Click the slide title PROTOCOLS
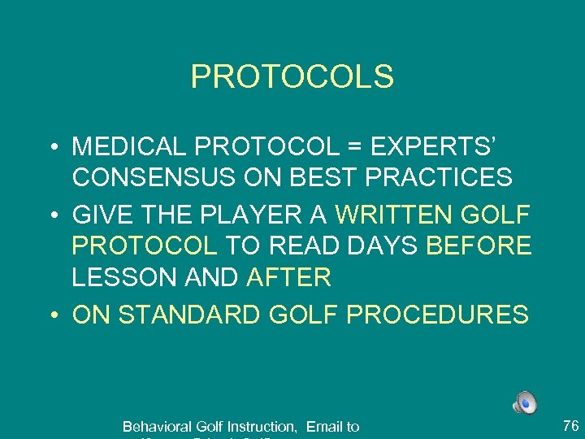coord(292,77)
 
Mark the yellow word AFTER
coord(288,277)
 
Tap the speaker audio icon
coord(524,402)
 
